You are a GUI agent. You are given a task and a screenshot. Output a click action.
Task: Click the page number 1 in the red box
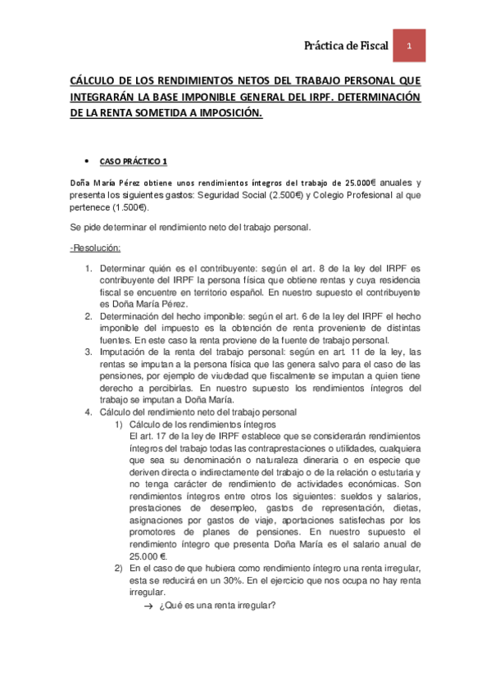pos(408,47)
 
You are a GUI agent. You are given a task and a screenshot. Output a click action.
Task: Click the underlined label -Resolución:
pos(96,248)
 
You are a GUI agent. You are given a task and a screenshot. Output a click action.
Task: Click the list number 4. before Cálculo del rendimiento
pos(89,411)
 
